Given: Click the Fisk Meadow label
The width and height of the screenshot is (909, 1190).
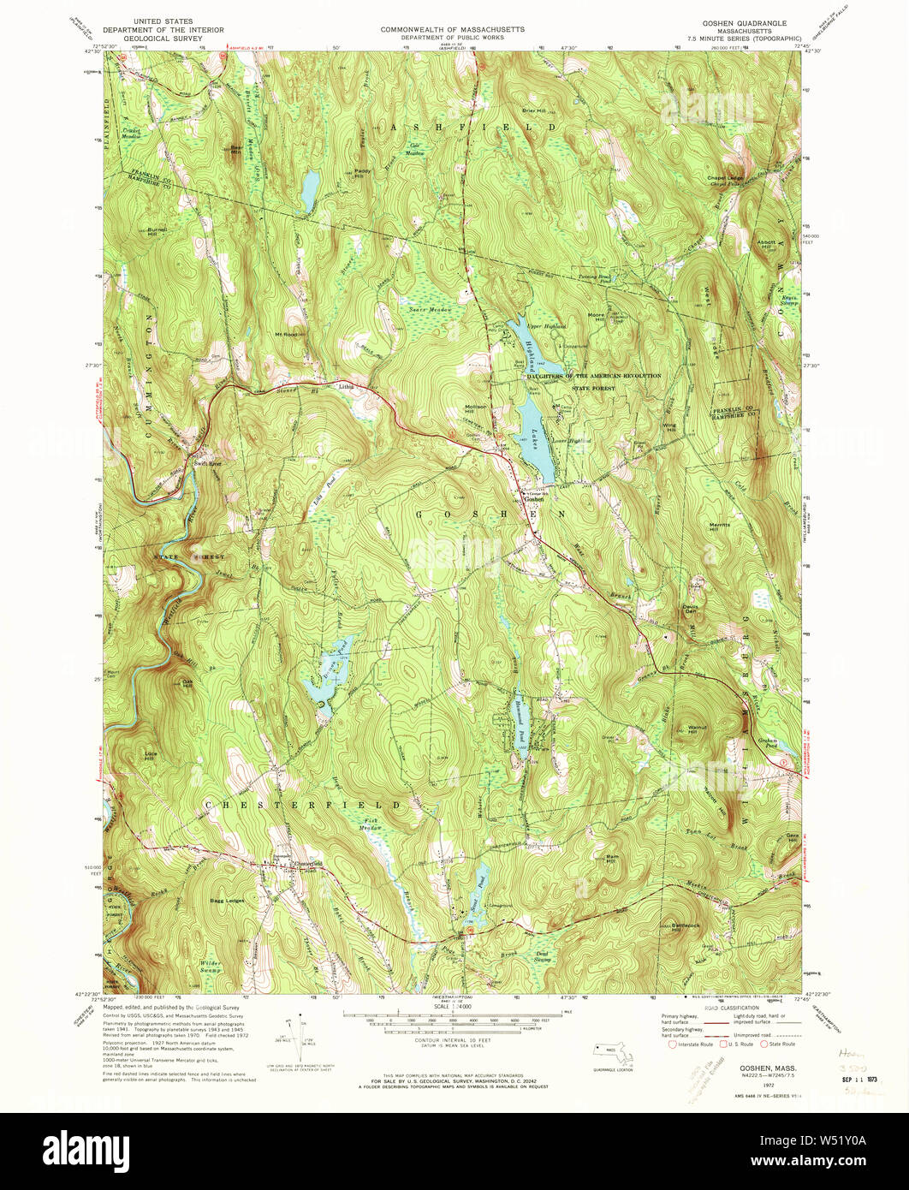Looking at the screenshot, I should click(369, 824).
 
